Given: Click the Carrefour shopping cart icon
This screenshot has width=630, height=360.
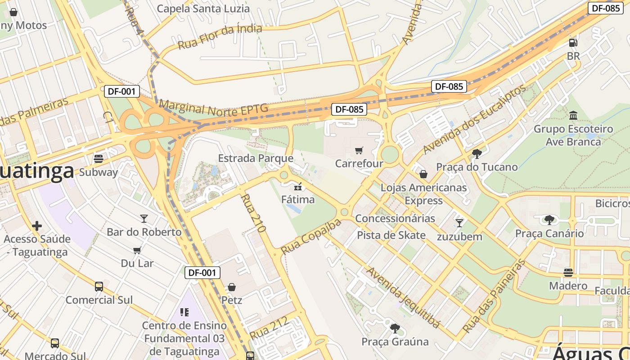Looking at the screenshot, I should pyautogui.click(x=359, y=151).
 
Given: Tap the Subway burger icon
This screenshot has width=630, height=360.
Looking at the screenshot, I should pyautogui.click(x=98, y=159).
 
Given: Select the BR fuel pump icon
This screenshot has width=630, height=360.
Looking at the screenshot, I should pyautogui.click(x=573, y=43).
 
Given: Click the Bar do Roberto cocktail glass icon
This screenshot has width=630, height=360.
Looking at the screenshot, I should pyautogui.click(x=144, y=219).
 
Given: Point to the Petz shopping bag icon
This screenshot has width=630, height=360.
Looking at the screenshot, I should pyautogui.click(x=232, y=287).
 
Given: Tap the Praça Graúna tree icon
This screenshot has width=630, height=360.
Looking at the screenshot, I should pyautogui.click(x=395, y=328).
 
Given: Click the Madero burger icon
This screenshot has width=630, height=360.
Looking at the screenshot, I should pyautogui.click(x=568, y=273).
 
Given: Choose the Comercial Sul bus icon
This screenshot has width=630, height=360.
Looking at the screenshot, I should pyautogui.click(x=99, y=287).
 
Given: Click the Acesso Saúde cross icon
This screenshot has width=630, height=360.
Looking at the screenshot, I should pyautogui.click(x=37, y=225).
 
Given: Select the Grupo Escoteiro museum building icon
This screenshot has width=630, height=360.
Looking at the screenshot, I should pyautogui.click(x=573, y=116).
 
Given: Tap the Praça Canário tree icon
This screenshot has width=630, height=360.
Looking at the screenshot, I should pyautogui.click(x=549, y=220).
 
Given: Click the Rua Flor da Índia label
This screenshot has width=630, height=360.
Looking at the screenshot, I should pyautogui.click(x=220, y=37).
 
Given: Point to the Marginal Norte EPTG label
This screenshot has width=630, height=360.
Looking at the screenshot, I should pyautogui.click(x=213, y=108).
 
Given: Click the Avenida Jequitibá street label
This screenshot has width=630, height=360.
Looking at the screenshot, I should pyautogui.click(x=403, y=297).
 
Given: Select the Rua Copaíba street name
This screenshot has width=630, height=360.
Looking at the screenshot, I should pyautogui.click(x=311, y=237).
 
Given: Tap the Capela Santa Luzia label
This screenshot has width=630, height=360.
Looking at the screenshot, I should pyautogui.click(x=203, y=9).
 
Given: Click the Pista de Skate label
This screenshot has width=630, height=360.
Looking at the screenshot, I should pyautogui.click(x=391, y=235).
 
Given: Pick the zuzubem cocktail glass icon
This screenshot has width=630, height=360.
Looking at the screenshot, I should pyautogui.click(x=459, y=223).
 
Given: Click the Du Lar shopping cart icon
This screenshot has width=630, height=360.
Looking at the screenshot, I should pyautogui.click(x=137, y=250).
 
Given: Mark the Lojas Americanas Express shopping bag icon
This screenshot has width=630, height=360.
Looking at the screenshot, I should pyautogui.click(x=423, y=174).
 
